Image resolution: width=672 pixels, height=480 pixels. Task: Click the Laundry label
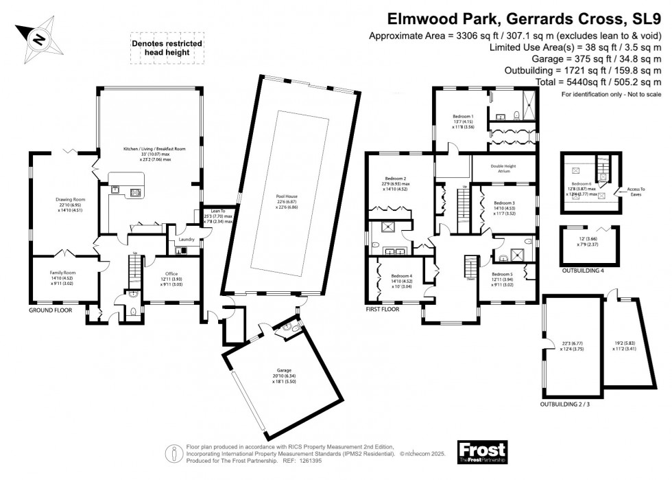pyautogui.click(x=187, y=240)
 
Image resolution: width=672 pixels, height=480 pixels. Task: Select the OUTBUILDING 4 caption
pyautogui.click(x=585, y=271)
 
